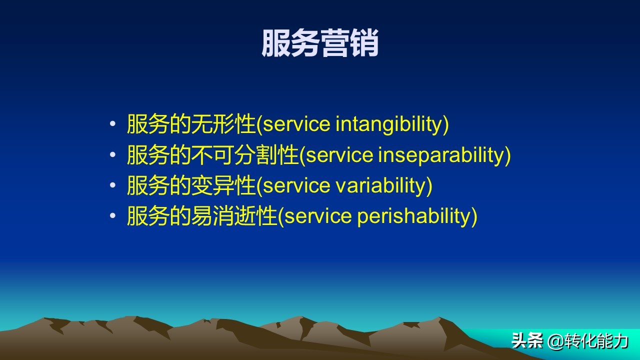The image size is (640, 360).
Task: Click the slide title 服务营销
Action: pos(320,43)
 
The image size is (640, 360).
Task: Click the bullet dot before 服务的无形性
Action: pos(112,123)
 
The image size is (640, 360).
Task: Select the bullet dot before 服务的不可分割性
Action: pos(112,154)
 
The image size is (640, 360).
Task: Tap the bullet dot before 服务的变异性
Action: pos(112,185)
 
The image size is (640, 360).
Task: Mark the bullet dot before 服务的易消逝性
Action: pos(112,215)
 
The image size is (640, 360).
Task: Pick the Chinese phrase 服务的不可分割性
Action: pos(212,154)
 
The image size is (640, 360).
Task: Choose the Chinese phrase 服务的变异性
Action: pos(191,185)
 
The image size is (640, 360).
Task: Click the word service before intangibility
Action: pos(296,124)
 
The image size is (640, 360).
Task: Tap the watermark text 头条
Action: pos(527,340)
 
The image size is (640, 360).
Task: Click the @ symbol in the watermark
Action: pos(555,341)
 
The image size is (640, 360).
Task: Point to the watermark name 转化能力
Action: pos(595,341)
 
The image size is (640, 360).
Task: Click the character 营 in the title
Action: pos(334,43)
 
